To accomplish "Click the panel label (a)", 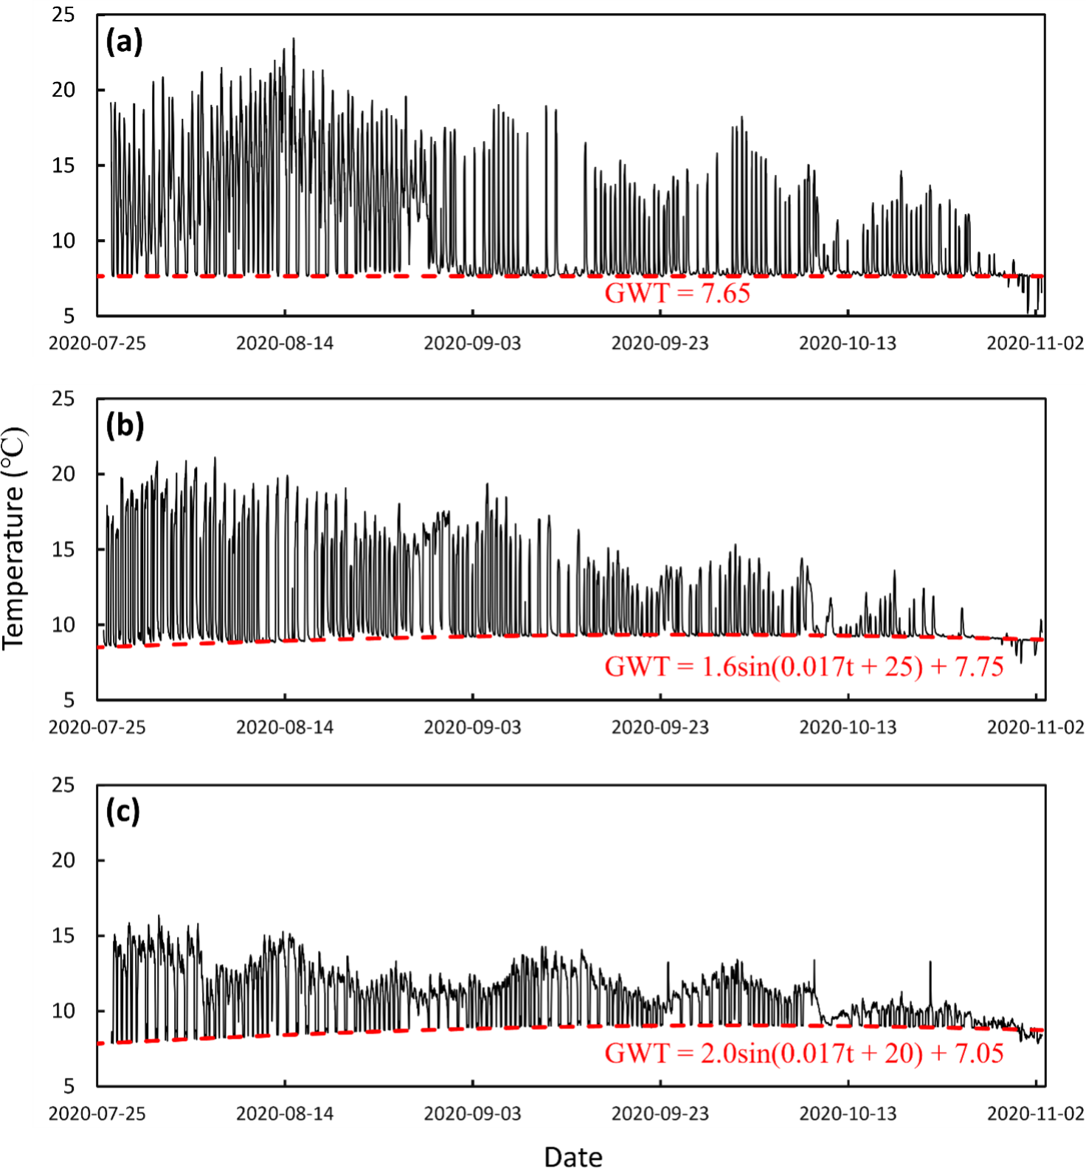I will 124,41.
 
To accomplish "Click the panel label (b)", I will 124,426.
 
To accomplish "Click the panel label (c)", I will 122,812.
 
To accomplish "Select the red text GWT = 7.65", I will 677,294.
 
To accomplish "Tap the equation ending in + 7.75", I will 803,667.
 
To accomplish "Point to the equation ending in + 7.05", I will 803,1053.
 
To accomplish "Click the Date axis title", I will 573,1156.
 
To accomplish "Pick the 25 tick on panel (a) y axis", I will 63,15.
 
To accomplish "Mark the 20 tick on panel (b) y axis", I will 63,474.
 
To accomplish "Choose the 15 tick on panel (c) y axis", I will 63,936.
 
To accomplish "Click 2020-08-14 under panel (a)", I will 285,343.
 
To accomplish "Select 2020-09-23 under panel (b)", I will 660,728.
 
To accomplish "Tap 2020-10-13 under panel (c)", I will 848,1113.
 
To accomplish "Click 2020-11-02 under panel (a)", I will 1036,343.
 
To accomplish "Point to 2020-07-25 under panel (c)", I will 97,1113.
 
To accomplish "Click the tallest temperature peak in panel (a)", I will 294,39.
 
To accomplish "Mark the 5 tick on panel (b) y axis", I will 69,699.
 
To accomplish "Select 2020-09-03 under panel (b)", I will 472,728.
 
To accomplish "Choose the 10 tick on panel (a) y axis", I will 63,241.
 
